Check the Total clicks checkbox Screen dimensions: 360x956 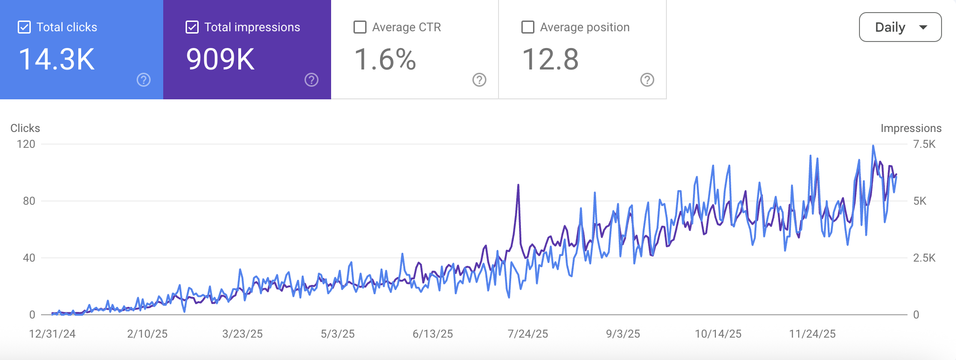(x=24, y=28)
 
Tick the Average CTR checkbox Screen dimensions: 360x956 (x=360, y=28)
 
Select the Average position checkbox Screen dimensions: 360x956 (x=528, y=28)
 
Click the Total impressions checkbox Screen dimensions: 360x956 (x=192, y=28)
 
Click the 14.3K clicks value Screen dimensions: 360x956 (x=56, y=60)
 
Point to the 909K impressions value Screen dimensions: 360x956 (x=220, y=60)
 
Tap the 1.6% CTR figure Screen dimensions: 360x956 (x=385, y=60)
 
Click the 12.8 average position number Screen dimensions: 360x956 (x=550, y=60)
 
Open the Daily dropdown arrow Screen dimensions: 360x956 (x=923, y=28)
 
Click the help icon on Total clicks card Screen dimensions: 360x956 (x=144, y=80)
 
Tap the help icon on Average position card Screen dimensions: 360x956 (x=647, y=80)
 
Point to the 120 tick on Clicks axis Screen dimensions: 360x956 (x=26, y=144)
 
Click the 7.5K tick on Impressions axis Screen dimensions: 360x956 (x=924, y=144)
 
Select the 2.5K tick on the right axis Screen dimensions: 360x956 (x=924, y=258)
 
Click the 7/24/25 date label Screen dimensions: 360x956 (x=528, y=334)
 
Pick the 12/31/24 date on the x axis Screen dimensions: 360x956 (x=52, y=334)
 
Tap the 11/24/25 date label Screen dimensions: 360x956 (x=812, y=334)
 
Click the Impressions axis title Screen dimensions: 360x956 (x=911, y=128)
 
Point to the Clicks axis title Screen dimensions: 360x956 (x=25, y=128)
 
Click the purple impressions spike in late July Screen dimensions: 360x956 (x=518, y=187)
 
